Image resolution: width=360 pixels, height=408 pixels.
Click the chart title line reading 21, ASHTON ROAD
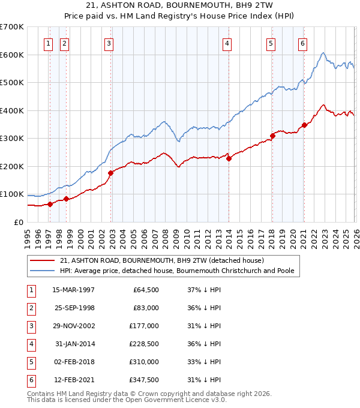coord(179,5)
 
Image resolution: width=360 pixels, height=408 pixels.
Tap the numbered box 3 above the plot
coord(108,43)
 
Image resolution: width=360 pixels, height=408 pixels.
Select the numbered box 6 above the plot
coord(302,43)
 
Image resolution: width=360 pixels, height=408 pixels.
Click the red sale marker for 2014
coord(229,158)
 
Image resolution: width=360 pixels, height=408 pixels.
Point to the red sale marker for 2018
coord(272,136)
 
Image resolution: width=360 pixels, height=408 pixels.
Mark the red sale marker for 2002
coord(111,173)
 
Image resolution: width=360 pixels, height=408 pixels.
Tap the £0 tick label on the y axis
coord(18,223)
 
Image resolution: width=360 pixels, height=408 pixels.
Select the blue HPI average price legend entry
coord(176,271)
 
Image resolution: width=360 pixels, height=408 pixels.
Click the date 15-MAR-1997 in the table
coord(73,290)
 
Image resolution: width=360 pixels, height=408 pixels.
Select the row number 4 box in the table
coord(30,344)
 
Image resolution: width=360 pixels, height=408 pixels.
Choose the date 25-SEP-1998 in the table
coord(73,308)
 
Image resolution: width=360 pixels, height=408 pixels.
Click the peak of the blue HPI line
coord(323,53)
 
